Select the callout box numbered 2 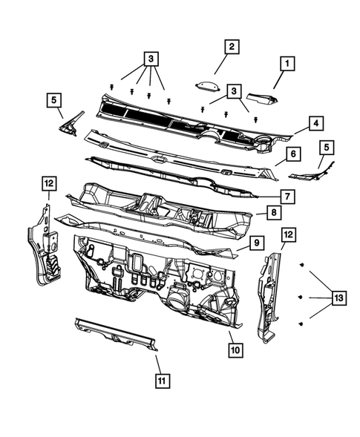(232, 47)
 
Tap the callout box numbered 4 (315, 122)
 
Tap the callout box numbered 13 (338, 298)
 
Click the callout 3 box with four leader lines (151, 58)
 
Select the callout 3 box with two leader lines (235, 90)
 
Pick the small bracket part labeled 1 (261, 96)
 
